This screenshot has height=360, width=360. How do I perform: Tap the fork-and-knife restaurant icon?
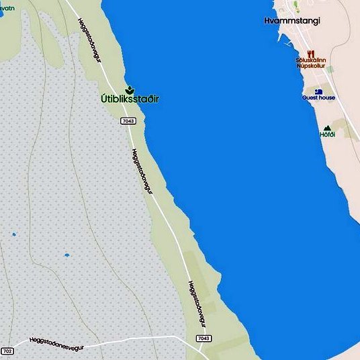[310, 53]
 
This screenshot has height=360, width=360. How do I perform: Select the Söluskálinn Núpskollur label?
[310, 63]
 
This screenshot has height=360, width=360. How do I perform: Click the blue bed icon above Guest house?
[318, 91]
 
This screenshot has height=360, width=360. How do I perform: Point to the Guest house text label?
[318, 98]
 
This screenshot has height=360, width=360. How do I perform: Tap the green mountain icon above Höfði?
[327, 128]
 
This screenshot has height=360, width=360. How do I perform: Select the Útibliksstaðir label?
[130, 99]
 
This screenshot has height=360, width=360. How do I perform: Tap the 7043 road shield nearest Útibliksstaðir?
[129, 121]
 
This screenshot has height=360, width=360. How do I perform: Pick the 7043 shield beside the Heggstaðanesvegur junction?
[204, 339]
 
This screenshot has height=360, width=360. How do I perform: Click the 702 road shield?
[7, 351]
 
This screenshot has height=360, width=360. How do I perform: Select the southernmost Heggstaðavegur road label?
[196, 304]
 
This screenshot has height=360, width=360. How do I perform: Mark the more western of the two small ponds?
[13, 235]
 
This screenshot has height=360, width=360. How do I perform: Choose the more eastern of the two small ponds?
[66, 255]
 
